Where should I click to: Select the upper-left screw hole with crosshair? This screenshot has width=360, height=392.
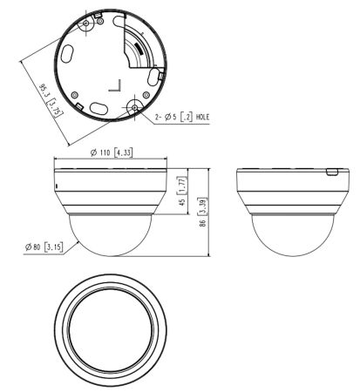coord(90,15)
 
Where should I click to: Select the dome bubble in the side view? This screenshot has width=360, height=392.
coord(288,235)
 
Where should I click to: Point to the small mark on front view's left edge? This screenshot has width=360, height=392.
coord(58,186)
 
